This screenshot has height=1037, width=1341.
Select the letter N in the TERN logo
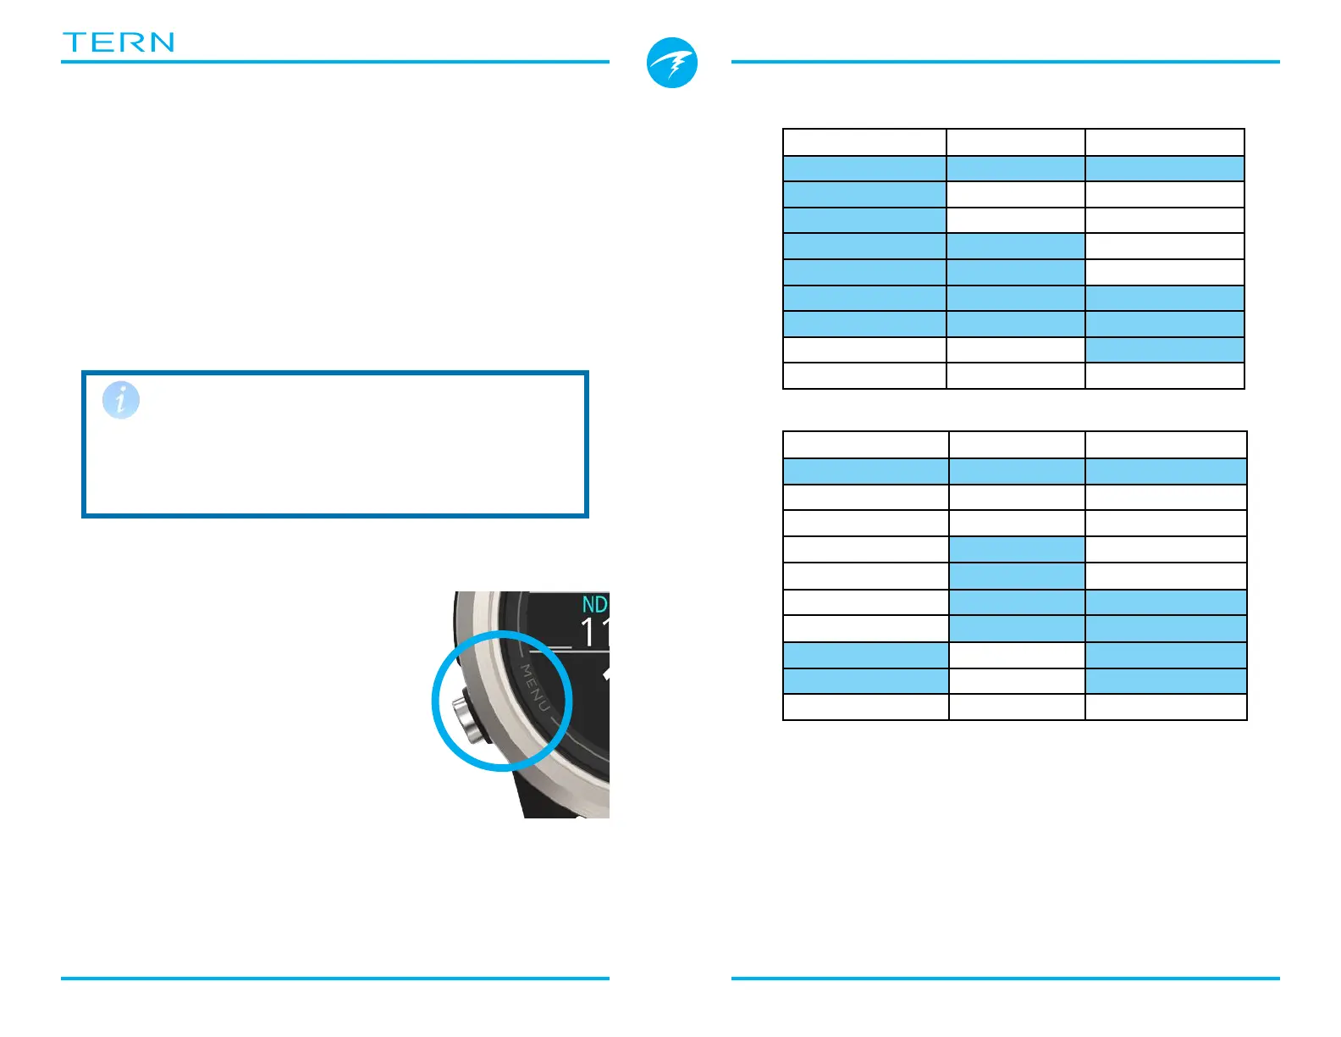tap(160, 42)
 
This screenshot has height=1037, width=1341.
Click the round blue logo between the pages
tap(672, 63)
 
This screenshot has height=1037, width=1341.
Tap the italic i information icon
tap(121, 400)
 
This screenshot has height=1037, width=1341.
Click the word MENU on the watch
tap(535, 688)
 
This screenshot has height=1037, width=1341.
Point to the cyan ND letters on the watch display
tap(594, 604)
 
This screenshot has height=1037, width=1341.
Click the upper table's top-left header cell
tap(864, 142)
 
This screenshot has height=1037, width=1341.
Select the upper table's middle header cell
tap(1015, 142)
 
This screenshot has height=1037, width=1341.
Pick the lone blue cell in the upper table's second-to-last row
tap(1164, 350)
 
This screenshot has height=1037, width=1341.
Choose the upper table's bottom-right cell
tap(1164, 375)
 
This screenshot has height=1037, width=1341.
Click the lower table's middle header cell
tap(1017, 445)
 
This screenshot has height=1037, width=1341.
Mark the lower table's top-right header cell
tap(1166, 445)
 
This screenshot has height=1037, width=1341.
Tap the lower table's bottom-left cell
tap(865, 707)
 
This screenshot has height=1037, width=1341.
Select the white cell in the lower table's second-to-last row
tap(1017, 681)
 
